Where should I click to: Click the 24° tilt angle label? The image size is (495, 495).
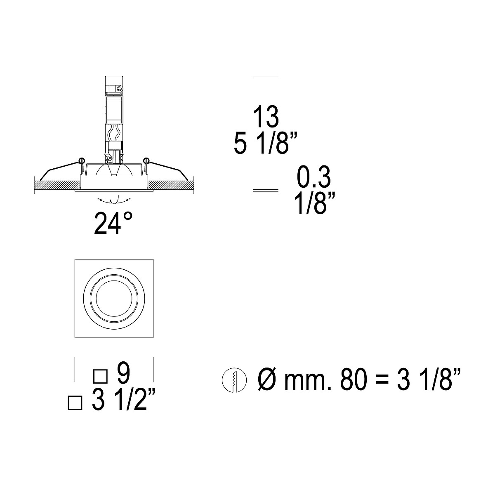113,223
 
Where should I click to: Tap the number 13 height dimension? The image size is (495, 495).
266,116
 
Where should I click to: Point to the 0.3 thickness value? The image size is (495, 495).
313,177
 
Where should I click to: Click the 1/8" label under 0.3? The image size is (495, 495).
315,204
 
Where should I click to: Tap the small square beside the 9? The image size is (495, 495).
100,376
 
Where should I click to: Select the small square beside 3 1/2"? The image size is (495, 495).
75,403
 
